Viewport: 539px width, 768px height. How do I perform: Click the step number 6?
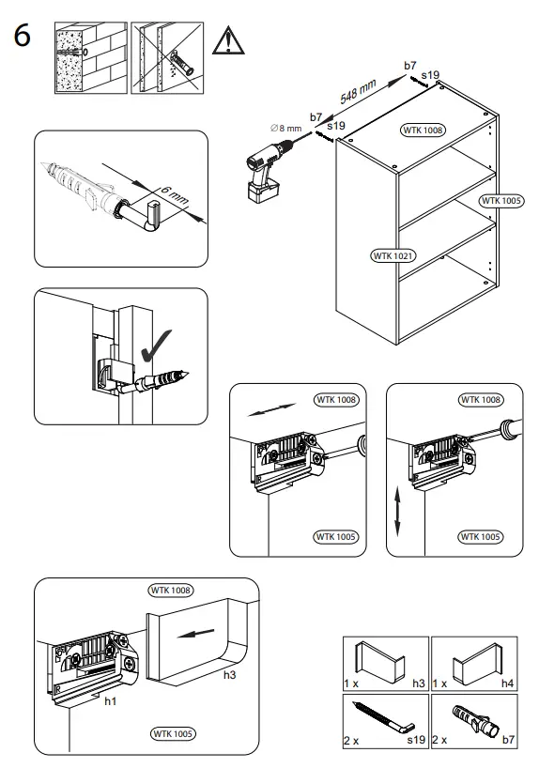coord(22,36)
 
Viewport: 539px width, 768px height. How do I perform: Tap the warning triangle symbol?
coord(228,41)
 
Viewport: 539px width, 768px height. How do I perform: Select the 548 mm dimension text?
coord(358,92)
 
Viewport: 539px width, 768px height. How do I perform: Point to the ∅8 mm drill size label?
coord(285,129)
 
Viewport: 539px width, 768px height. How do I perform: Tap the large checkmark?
coord(155,346)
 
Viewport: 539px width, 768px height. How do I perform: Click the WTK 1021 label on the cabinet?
coord(393,255)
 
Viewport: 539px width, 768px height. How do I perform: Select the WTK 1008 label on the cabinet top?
coord(423,130)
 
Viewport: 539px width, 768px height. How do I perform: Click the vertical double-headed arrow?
coord(397,512)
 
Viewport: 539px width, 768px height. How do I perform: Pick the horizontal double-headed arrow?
coord(272,409)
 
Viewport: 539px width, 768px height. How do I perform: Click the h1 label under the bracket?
coord(111,701)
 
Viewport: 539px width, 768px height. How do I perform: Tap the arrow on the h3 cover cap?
coord(195,634)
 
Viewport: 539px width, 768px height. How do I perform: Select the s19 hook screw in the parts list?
coord(384,717)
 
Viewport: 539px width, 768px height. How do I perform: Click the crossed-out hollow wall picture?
coord(167,57)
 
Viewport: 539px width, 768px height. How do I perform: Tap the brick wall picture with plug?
coord(91,57)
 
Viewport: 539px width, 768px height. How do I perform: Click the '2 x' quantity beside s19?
coord(350,741)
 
